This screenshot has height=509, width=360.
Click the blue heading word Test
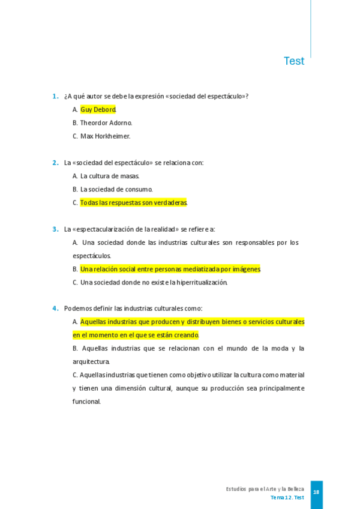tap(294, 61)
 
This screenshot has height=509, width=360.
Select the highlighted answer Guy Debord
tap(98, 110)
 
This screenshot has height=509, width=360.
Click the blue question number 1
tap(55, 96)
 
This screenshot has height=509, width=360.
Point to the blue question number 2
tap(55, 163)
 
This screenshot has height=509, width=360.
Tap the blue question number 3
tap(55, 229)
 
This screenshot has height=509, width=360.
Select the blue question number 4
tap(55, 309)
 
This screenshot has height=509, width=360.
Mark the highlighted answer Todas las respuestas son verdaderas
tap(134, 203)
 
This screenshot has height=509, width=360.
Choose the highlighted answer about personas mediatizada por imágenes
tap(170, 269)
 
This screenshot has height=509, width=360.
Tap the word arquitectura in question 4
tap(91, 362)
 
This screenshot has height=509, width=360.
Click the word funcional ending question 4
tap(86, 402)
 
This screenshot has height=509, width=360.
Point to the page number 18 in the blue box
tap(316, 493)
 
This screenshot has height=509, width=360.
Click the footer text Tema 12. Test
tap(287, 498)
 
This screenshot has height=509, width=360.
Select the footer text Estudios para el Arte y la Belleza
tap(265, 489)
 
